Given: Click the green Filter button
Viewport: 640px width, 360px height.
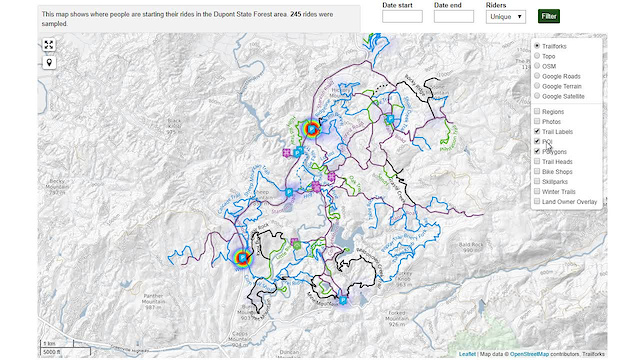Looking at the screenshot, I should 549,16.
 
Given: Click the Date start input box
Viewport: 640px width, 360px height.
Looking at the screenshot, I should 402,17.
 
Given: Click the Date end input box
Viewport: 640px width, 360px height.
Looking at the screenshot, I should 453,17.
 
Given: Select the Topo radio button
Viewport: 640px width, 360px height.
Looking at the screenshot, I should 537,56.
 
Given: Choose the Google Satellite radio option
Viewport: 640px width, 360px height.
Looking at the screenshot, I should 537,96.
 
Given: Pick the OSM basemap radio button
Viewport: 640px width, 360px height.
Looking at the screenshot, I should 537,66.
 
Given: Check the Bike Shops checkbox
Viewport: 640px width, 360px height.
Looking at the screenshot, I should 537,171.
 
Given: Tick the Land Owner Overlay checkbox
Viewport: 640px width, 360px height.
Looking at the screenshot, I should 537,201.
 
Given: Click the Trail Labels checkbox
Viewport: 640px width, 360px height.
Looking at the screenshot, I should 537,132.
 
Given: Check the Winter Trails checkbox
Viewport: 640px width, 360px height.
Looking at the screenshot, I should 537,191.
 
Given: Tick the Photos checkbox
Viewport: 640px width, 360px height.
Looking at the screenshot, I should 537,122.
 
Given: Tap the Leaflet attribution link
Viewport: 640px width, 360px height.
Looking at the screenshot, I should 467,354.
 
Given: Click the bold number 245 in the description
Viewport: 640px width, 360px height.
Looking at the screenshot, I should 296,15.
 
